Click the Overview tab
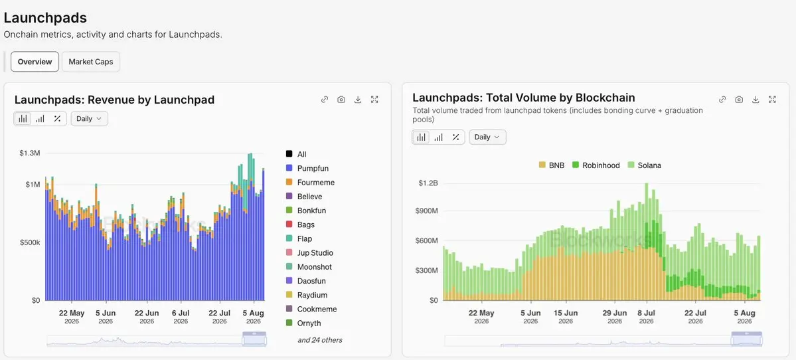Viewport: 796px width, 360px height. (35, 62)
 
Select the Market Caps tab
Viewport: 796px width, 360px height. (91, 62)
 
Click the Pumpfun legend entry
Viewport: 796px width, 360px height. (307, 168)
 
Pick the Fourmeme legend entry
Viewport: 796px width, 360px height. (310, 182)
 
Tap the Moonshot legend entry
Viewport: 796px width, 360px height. (309, 266)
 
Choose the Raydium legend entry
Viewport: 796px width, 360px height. (307, 295)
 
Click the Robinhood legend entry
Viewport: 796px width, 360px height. (596, 165)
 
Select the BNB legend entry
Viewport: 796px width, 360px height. (551, 165)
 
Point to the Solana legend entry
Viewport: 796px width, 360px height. (644, 165)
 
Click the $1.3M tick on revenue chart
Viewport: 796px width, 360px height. (29, 153)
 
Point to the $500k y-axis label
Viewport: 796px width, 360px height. (29, 242)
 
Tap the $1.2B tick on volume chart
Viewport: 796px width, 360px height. (428, 183)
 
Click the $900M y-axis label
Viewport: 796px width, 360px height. (427, 211)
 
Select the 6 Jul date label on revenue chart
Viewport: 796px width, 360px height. (181, 313)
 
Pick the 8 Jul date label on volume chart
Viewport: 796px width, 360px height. (647, 313)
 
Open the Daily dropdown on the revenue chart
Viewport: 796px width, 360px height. (90, 118)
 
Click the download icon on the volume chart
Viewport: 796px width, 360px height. (756, 100)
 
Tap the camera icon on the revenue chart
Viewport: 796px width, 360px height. (341, 100)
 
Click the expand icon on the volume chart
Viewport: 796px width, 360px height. (772, 100)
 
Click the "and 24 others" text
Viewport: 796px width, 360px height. (320, 339)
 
